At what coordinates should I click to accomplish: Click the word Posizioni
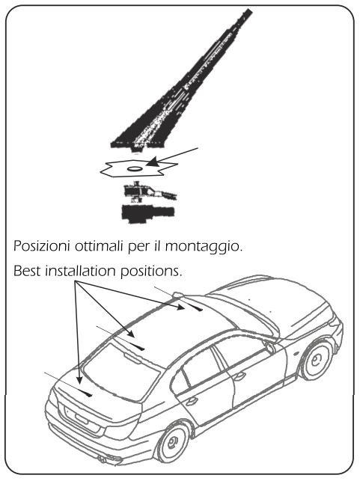(x=41, y=246)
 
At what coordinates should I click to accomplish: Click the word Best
(x=27, y=271)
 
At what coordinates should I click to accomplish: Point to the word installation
(x=80, y=271)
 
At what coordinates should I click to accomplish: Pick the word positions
(x=151, y=272)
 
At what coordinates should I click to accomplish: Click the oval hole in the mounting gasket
(x=134, y=169)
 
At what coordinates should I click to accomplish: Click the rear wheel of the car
(x=172, y=442)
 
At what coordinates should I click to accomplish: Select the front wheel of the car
(x=317, y=361)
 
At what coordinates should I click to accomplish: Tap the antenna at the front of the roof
(x=195, y=307)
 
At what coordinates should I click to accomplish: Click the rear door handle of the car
(x=191, y=401)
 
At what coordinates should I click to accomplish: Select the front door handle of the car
(x=239, y=376)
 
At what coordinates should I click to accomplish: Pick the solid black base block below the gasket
(x=148, y=212)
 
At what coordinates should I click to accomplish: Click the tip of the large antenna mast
(x=249, y=11)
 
